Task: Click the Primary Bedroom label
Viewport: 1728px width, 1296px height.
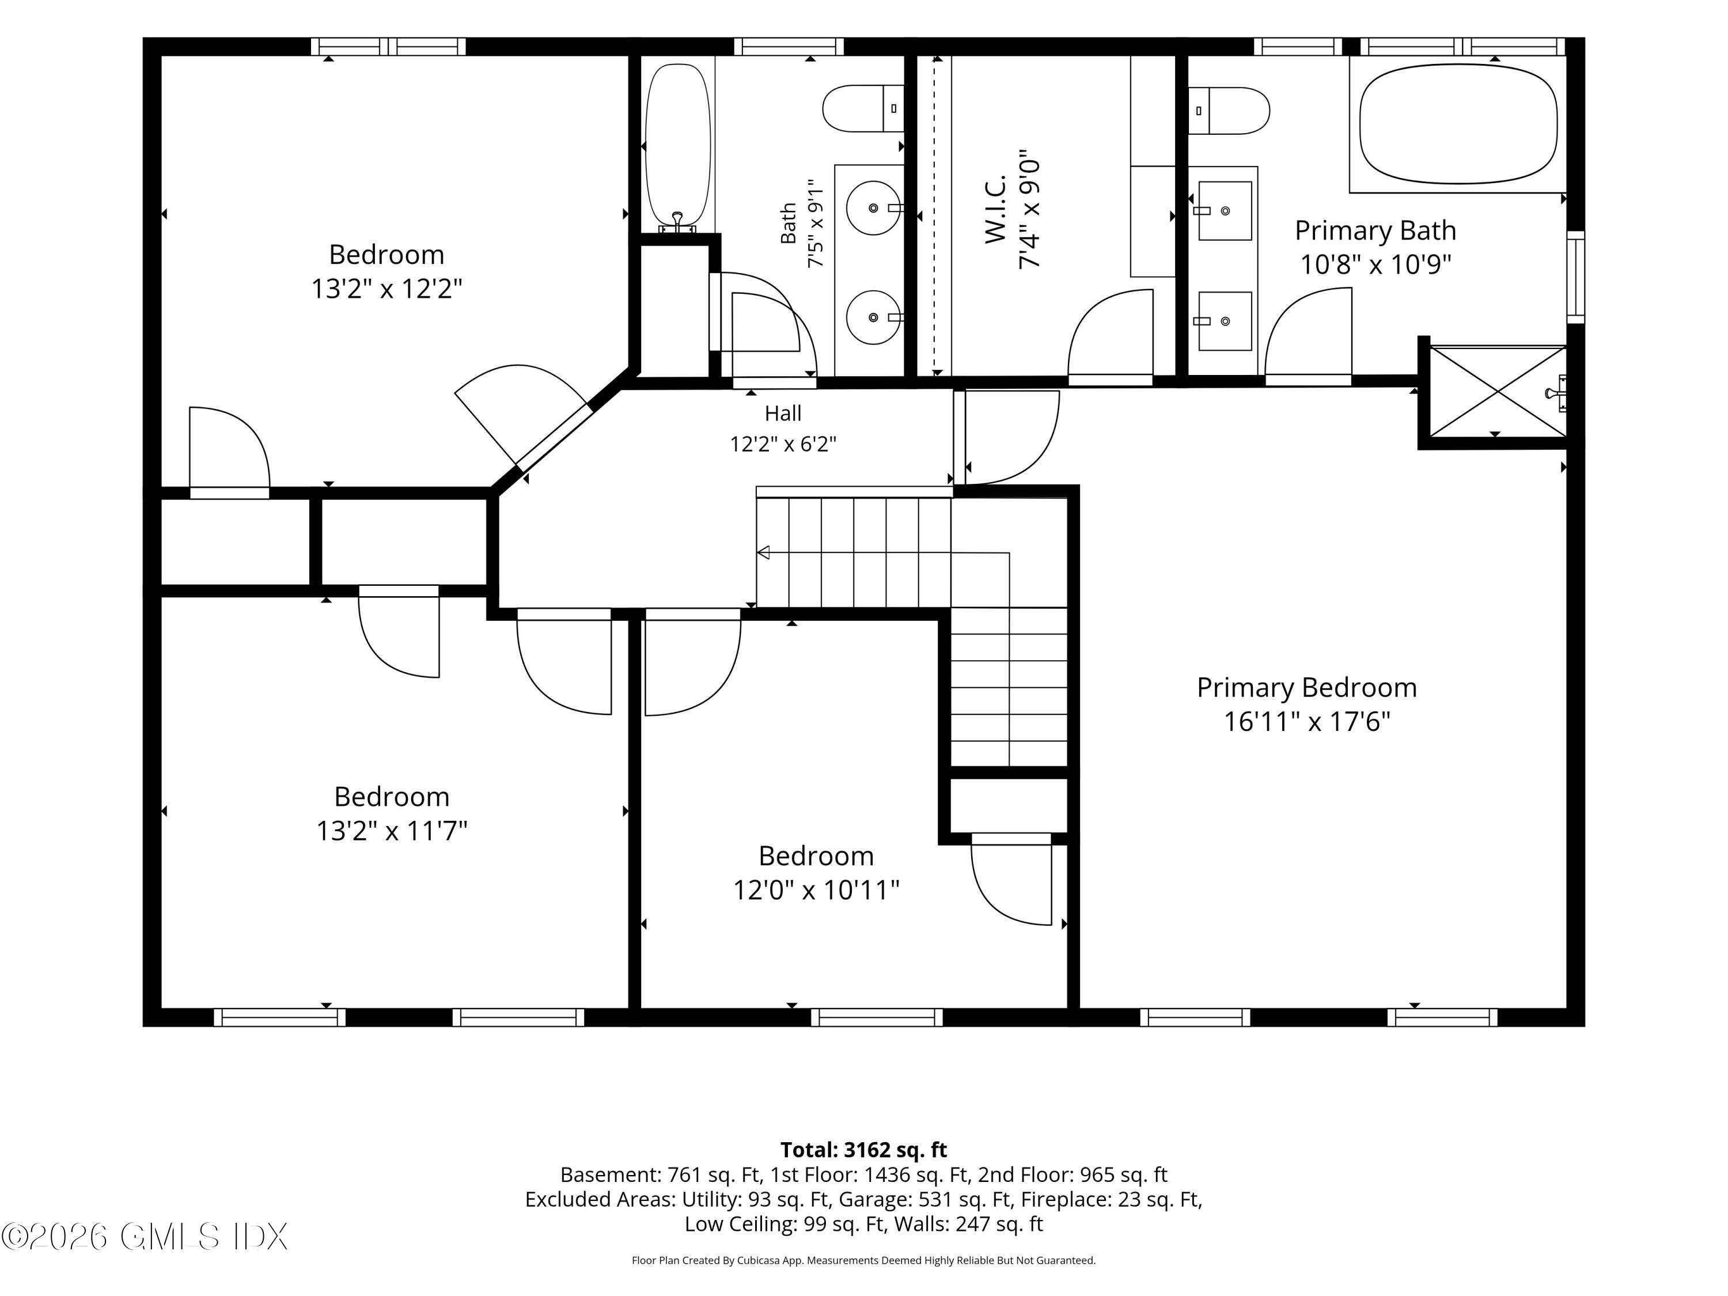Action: pos(1306,687)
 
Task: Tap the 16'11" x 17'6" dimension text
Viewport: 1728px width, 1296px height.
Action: pos(1307,721)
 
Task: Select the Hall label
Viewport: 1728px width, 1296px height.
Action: pos(783,412)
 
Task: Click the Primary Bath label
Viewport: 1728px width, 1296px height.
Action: pos(1375,230)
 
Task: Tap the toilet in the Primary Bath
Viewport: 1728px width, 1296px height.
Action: pos(1229,110)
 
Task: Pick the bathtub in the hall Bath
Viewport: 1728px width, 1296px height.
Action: pos(678,147)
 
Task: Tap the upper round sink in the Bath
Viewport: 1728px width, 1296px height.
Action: pos(873,208)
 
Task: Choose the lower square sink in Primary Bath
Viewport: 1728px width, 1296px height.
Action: pos(1225,321)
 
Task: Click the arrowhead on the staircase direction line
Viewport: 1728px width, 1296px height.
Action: pos(763,552)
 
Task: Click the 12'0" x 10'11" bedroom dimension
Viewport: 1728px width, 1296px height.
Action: pos(816,890)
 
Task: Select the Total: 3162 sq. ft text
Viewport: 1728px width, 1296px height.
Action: pos(863,1150)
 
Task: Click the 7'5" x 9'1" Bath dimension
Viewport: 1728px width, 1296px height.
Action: pos(815,223)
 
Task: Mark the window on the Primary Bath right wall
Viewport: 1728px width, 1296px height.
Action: pos(1577,277)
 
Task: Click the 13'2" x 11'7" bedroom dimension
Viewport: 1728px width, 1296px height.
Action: pos(391,831)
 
